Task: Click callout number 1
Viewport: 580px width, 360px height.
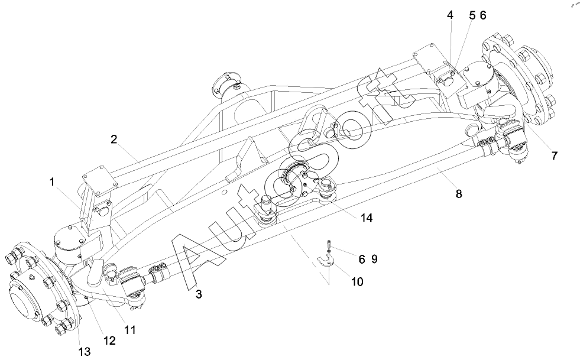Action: pos(52,181)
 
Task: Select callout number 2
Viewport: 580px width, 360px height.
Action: pos(114,139)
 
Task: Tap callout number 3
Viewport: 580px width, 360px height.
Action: pos(199,294)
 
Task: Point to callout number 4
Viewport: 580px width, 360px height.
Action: pos(450,15)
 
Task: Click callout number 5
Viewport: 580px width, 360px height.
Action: pos(472,15)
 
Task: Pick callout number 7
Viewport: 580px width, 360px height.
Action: pos(554,156)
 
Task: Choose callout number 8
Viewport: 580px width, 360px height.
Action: pos(459,193)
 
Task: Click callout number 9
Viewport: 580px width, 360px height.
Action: pos(374,259)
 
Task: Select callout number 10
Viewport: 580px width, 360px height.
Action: pos(357,281)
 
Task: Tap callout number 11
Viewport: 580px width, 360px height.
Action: pos(130,329)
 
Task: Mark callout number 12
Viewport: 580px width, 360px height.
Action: pos(109,340)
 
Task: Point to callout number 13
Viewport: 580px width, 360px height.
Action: pos(85,352)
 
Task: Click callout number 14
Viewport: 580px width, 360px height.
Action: pos(367,218)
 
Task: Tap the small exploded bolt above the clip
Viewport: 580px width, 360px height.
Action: pos(329,244)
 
